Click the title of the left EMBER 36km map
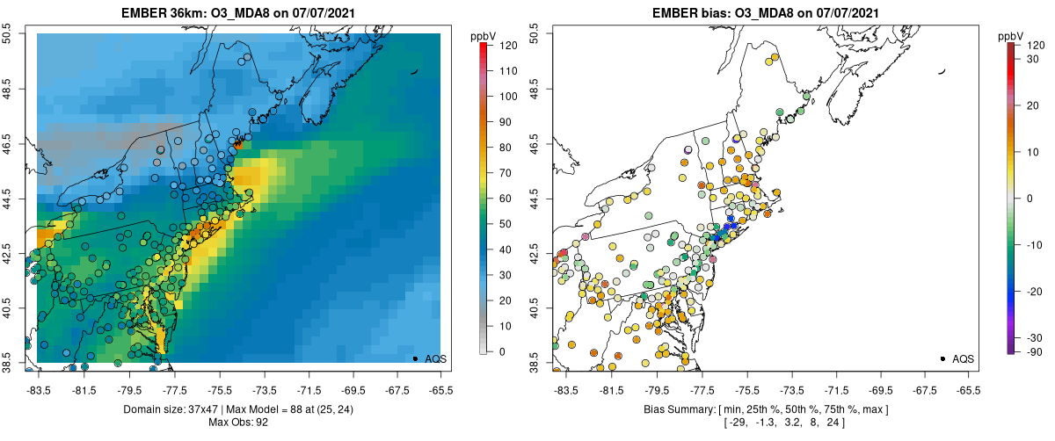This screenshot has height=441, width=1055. point(237,11)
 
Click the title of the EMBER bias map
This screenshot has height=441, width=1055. point(765,11)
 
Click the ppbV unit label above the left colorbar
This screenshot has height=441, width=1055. point(483,36)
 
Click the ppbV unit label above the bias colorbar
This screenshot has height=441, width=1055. point(1012,36)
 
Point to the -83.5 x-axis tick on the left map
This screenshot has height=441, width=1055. point(37,389)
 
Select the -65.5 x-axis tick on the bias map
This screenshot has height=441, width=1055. point(968,389)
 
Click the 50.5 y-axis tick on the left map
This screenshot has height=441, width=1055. point(8,33)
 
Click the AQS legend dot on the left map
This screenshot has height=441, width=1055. point(415,358)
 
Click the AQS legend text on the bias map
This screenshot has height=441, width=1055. point(963,358)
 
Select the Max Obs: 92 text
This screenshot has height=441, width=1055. point(237,423)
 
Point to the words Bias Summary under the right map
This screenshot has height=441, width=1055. point(676,410)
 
